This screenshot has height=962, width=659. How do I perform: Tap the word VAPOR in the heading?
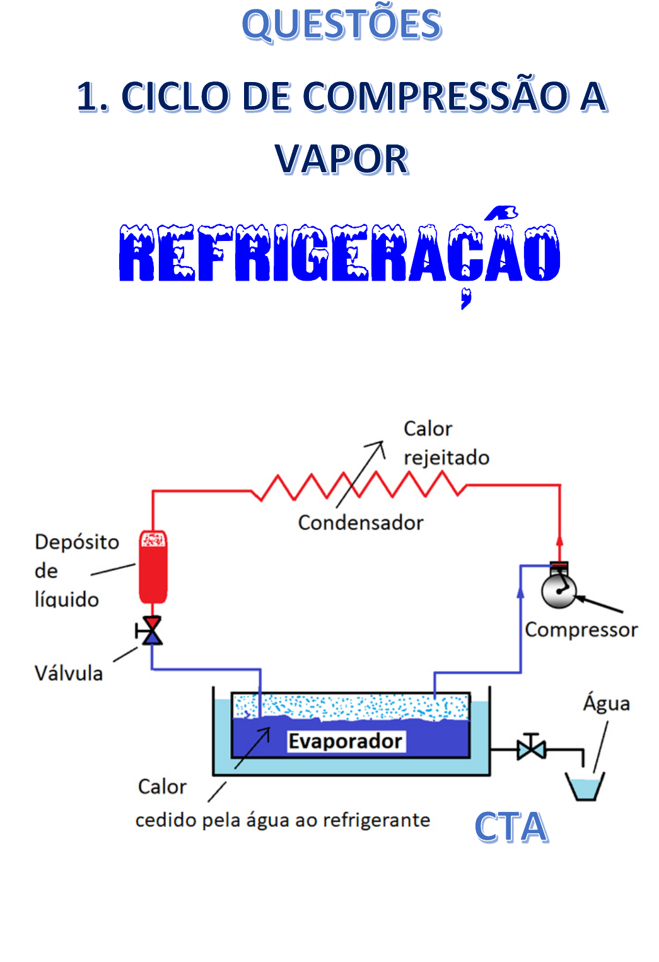[x=341, y=159]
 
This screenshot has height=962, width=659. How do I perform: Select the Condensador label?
[x=360, y=522]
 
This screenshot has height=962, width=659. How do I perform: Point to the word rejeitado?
[x=446, y=457]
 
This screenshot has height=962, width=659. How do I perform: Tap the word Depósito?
[x=77, y=542]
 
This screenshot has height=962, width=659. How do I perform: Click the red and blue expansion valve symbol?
[x=151, y=630]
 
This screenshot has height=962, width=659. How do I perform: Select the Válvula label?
[x=68, y=673]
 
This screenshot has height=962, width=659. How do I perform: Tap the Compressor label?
[x=581, y=630]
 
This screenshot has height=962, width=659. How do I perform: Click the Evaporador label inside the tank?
[x=345, y=741]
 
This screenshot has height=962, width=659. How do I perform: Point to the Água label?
[x=606, y=703]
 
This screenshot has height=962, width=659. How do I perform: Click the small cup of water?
[x=585, y=787]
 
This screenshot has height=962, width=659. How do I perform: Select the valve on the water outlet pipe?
[x=531, y=749]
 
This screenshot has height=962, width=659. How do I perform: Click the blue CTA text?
[x=511, y=828]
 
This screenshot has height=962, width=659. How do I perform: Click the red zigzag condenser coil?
[x=359, y=486]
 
